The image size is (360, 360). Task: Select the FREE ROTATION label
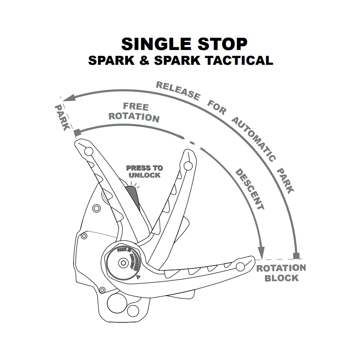point(134,112)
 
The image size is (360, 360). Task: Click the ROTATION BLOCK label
point(281,273)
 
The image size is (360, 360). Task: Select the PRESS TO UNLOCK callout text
point(144,172)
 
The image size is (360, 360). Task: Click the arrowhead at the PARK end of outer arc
point(67,97)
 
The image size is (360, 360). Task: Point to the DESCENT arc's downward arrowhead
point(262,252)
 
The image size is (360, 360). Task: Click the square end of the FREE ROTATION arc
point(77,132)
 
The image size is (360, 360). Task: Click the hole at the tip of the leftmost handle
point(89,151)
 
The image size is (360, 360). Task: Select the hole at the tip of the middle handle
point(187,165)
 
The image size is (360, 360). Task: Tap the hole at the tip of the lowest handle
point(240,267)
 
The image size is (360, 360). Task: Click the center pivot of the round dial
point(122,263)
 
